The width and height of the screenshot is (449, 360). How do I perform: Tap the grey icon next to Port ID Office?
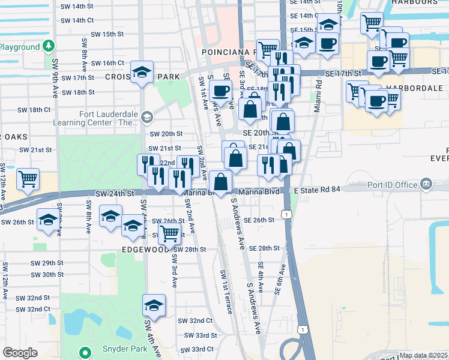[x=426, y=183]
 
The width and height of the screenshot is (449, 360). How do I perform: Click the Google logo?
[x=20, y=353]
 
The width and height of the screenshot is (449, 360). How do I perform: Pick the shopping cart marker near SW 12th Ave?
[x=28, y=179]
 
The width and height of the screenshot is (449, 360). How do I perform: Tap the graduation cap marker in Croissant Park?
[x=142, y=73]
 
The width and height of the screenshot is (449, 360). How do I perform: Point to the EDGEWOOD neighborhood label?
[x=145, y=249]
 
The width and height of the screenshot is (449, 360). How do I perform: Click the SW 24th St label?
[x=114, y=194]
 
